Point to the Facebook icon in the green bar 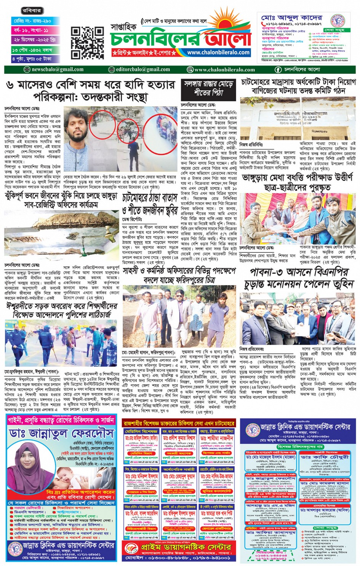coord(278,70)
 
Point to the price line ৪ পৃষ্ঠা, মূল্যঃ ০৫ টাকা coord(32,59)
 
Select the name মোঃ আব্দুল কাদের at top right coord(291,18)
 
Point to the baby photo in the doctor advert coord(73,476)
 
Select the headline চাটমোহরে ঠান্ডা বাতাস coord(150,198)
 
